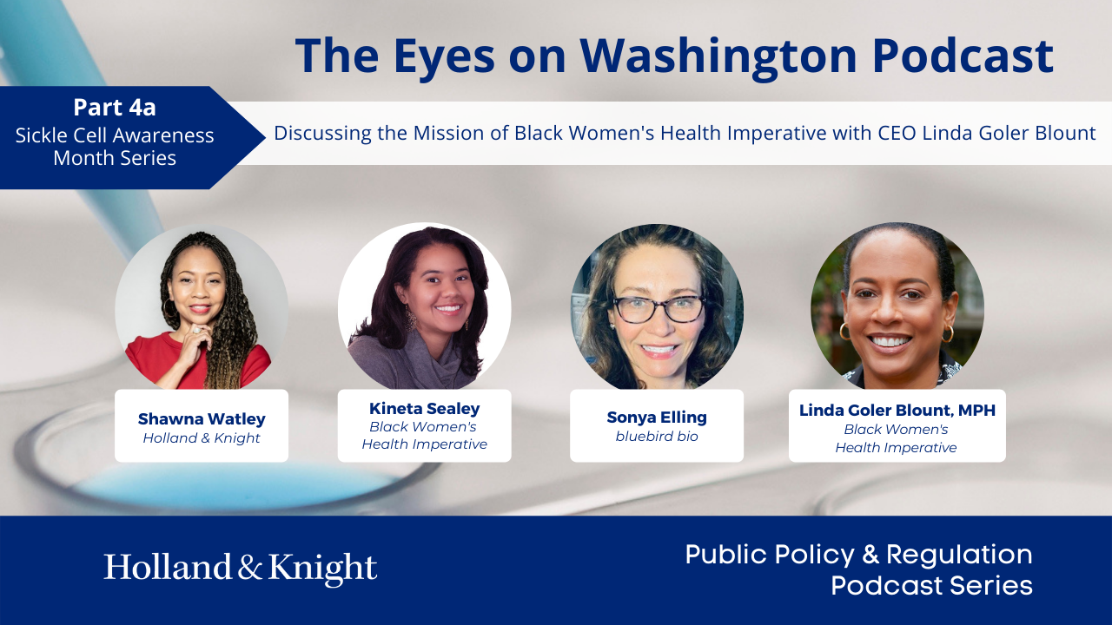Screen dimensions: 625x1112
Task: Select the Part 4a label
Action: coord(114,108)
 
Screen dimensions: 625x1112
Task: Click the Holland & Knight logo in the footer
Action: coord(241,568)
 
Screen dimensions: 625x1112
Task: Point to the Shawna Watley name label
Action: coord(202,419)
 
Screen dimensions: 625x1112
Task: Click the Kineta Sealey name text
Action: coord(424,408)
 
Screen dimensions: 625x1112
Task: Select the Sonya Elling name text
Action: coord(657,418)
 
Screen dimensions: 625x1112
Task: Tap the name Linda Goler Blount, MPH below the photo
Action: coord(897,410)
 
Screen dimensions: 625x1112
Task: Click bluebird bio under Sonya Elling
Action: coord(657,437)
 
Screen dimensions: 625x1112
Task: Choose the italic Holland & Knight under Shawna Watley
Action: coord(202,438)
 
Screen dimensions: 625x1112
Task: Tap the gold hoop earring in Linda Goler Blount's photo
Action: coord(844,332)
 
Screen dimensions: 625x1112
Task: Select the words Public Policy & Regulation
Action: coord(858,555)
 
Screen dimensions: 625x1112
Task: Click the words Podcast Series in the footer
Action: coord(931,585)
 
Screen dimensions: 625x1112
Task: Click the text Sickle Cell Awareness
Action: coord(114,135)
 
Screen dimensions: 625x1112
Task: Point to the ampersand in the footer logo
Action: coord(249,569)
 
